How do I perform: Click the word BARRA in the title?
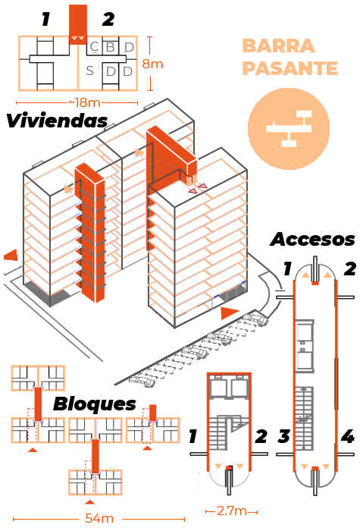click(278, 46)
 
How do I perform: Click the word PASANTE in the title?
click(290, 68)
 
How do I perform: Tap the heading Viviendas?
click(57, 121)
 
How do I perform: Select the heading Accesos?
click(312, 239)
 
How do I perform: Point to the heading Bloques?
click(95, 404)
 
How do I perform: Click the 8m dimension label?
click(152, 64)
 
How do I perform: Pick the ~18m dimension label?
click(85, 102)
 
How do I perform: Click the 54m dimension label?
click(99, 518)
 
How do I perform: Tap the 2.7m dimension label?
click(231, 511)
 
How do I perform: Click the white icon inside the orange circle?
click(289, 128)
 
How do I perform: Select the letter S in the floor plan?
click(89, 71)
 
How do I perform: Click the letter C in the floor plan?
click(95, 47)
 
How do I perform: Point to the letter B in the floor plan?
click(111, 47)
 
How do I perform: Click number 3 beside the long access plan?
click(284, 436)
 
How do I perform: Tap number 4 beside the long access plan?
click(348, 436)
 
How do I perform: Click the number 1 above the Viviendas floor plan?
click(45, 19)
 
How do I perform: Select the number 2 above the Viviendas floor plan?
click(108, 19)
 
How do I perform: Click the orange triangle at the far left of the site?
click(11, 255)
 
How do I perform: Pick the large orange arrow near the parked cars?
click(230, 313)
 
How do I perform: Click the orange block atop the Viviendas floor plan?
click(78, 24)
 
